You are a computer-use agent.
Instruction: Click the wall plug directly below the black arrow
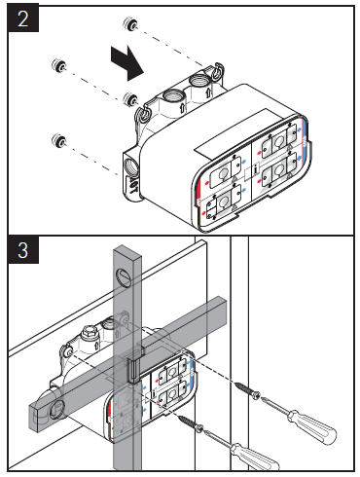coord(129,98)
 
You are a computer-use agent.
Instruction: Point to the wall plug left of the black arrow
coord(60,67)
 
